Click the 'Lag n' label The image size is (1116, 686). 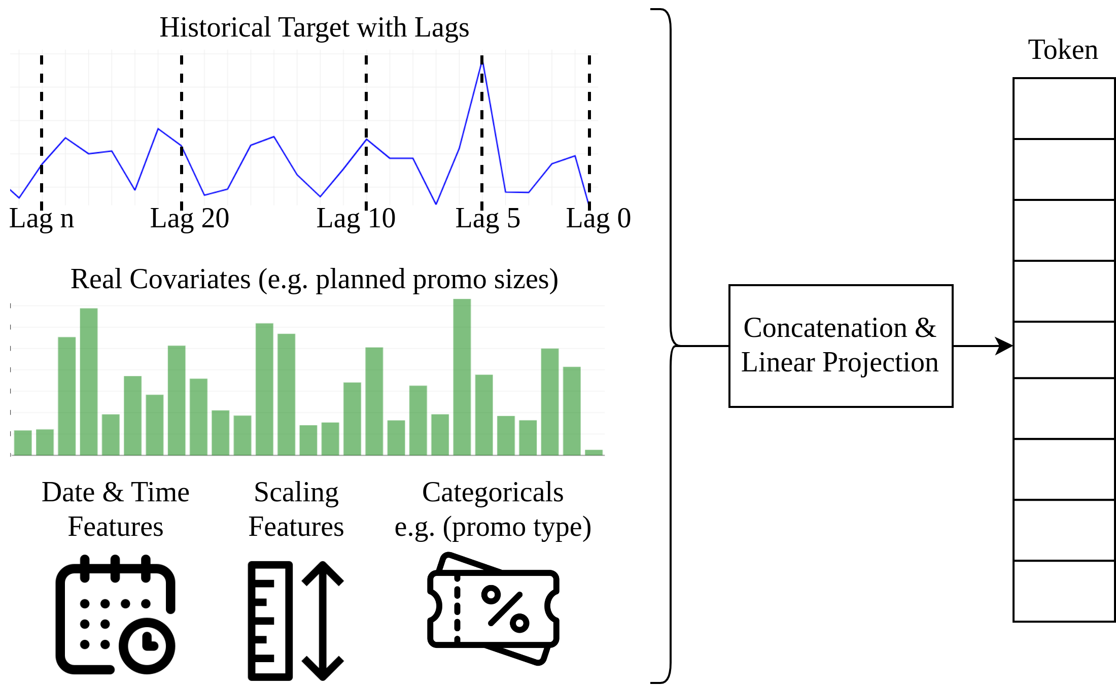42,219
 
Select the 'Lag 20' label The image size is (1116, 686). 190,219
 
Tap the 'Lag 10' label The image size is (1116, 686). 356,219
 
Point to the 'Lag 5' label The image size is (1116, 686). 487,219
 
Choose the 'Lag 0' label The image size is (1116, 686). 598,219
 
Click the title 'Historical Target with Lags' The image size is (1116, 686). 314,27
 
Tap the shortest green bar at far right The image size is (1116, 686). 594,452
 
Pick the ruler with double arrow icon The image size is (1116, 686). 295,621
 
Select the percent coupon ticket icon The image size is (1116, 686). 493,608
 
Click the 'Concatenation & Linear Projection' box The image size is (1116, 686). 841,346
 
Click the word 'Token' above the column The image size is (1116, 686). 1063,50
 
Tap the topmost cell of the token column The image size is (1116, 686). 1064,109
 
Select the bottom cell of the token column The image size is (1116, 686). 1064,591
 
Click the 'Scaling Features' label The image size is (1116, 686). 296,509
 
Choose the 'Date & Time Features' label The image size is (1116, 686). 116,509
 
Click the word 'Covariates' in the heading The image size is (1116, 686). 190,279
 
